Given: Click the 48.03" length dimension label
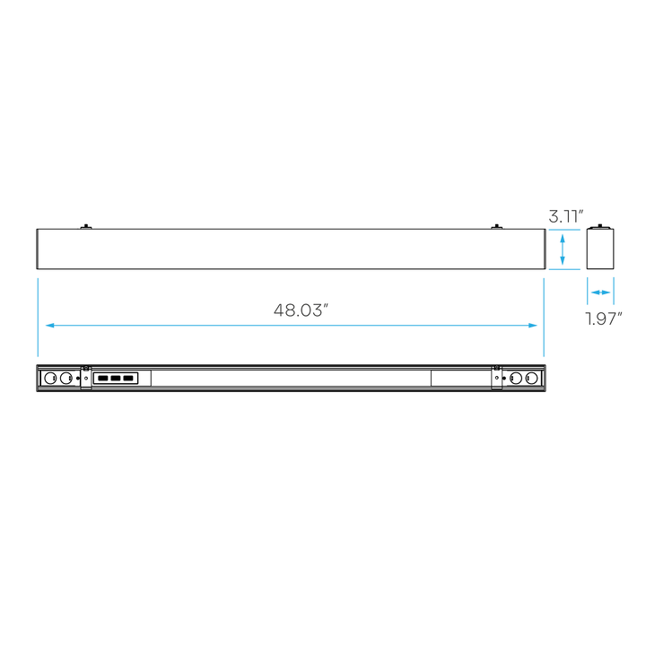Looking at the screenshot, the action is pyautogui.click(x=301, y=310).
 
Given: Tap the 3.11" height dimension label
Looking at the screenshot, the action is pyautogui.click(x=566, y=216).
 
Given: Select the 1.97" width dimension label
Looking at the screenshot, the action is pyautogui.click(x=604, y=319).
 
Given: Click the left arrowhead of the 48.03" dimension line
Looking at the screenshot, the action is pyautogui.click(x=50, y=326).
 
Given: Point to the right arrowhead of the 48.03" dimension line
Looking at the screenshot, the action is pyautogui.click(x=533, y=326).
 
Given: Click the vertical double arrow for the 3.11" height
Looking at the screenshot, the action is pyautogui.click(x=563, y=249).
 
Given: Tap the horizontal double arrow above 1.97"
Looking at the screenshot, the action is pyautogui.click(x=600, y=292).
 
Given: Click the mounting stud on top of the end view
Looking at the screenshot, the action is pyautogui.click(x=600, y=226).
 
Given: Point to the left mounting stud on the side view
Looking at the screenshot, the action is pyautogui.click(x=86, y=227).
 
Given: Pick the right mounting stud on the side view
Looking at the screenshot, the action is pyautogui.click(x=496, y=227).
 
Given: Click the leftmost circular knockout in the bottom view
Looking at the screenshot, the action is pyautogui.click(x=50, y=378).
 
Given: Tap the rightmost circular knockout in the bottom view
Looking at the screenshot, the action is pyautogui.click(x=531, y=378).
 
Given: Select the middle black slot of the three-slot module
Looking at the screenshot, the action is pyautogui.click(x=116, y=379).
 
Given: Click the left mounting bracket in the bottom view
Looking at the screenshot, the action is pyautogui.click(x=86, y=377).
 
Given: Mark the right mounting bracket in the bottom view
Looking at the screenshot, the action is pyautogui.click(x=497, y=377).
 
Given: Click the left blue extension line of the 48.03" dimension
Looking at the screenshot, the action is pyautogui.click(x=38, y=318).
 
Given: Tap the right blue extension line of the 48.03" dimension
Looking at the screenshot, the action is pyautogui.click(x=544, y=318).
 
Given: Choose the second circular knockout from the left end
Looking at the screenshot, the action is pyautogui.click(x=65, y=378).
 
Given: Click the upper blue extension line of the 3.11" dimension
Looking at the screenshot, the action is pyautogui.click(x=564, y=230).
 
